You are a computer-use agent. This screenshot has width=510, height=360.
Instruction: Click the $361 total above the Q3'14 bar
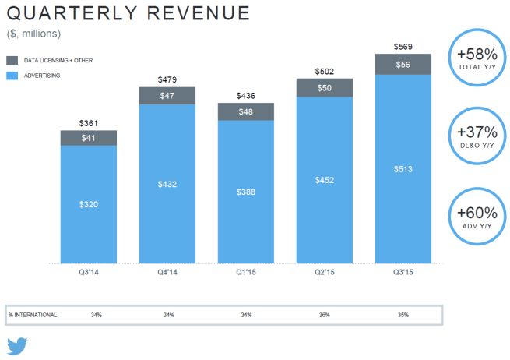pyautogui.click(x=89, y=124)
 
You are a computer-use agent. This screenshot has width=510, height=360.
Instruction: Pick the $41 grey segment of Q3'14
pyautogui.click(x=89, y=138)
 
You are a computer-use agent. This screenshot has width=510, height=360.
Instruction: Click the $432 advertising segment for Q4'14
pyautogui.click(x=167, y=184)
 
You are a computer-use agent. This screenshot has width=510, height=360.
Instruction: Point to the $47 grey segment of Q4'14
pyautogui.click(x=167, y=95)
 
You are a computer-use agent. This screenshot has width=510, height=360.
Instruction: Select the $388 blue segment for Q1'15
pyautogui.click(x=246, y=192)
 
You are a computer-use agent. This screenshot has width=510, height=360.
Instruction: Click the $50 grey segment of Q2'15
pyautogui.click(x=325, y=87)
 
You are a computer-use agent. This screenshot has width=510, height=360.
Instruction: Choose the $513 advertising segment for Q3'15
pyautogui.click(x=403, y=168)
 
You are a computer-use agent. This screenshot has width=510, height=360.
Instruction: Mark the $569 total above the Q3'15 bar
pyautogui.click(x=403, y=47)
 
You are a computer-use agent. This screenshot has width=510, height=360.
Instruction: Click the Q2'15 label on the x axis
pyautogui.click(x=325, y=273)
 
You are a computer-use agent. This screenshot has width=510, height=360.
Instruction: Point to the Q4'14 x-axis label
pyautogui.click(x=167, y=273)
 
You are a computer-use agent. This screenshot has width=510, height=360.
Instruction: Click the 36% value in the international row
pyautogui.click(x=325, y=315)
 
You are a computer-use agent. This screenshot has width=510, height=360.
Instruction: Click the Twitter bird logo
pyautogui.click(x=17, y=346)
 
